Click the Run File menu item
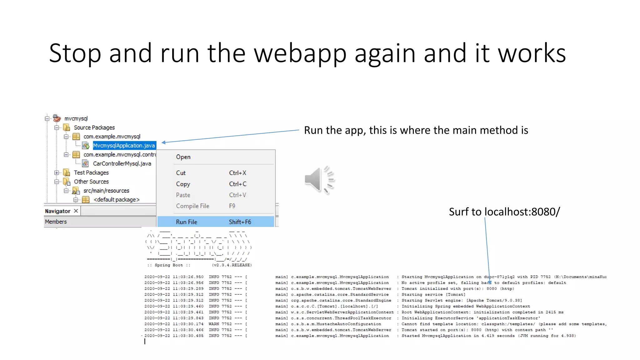(187, 222)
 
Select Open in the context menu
(183, 157)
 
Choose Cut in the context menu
(181, 173)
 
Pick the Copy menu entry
(183, 184)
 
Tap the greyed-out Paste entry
(183, 195)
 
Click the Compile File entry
(192, 206)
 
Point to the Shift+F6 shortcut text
(240, 222)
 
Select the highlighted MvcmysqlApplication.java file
(124, 146)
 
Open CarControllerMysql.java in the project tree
(122, 163)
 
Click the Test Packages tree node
(91, 172)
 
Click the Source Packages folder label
(94, 127)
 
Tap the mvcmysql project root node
(76, 118)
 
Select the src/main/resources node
(106, 191)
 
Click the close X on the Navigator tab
(76, 211)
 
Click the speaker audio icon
(319, 180)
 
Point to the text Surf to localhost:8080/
(504, 212)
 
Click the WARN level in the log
(214, 324)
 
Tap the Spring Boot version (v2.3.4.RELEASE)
(232, 265)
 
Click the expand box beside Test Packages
(57, 172)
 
